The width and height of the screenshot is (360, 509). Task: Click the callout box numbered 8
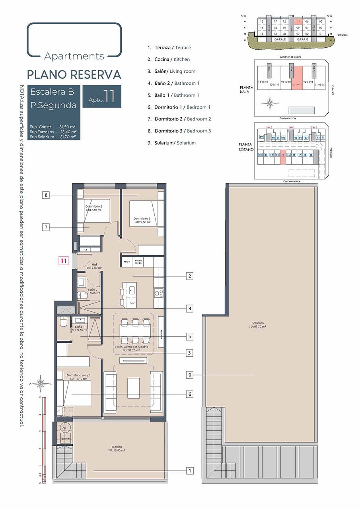47,195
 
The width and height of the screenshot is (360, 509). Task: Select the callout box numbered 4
190,309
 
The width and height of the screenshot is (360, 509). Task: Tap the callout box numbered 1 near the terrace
190,471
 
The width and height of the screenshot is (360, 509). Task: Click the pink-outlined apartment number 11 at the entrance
63,261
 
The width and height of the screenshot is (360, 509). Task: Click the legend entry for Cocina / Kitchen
169,59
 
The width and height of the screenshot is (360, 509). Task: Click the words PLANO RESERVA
74,74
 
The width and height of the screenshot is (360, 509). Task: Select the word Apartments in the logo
74,56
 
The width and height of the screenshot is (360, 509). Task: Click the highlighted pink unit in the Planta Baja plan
298,78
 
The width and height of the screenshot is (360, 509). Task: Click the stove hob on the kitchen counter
158,293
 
